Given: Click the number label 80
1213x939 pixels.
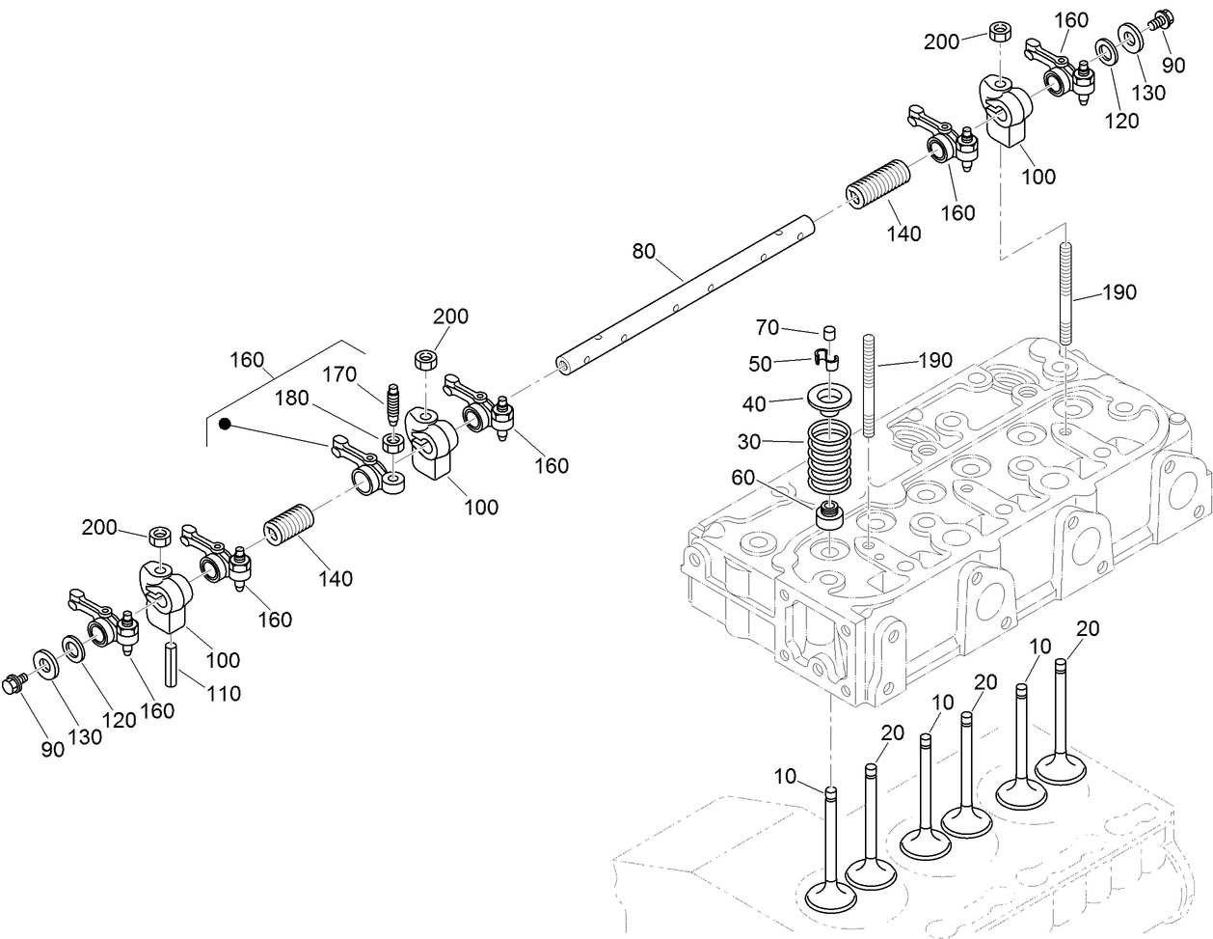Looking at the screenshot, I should tap(643, 252).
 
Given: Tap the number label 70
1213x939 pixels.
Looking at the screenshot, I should tap(767, 328).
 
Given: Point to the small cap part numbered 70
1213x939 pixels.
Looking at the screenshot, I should tap(826, 333).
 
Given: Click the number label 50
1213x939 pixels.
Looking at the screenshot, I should tap(761, 364).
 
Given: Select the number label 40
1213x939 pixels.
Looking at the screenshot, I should tap(754, 403).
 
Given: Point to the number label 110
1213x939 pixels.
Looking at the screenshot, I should tap(224, 693).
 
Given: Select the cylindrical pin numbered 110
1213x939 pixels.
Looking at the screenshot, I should tap(172, 664).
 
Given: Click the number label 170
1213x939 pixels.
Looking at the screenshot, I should tap(338, 373).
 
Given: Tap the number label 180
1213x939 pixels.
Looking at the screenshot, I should tap(291, 399).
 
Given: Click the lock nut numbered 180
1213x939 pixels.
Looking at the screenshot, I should tap(393, 443).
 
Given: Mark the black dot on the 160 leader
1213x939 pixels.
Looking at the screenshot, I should tap(225, 424).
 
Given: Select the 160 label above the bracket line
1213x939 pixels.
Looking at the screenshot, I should tap(247, 360).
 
